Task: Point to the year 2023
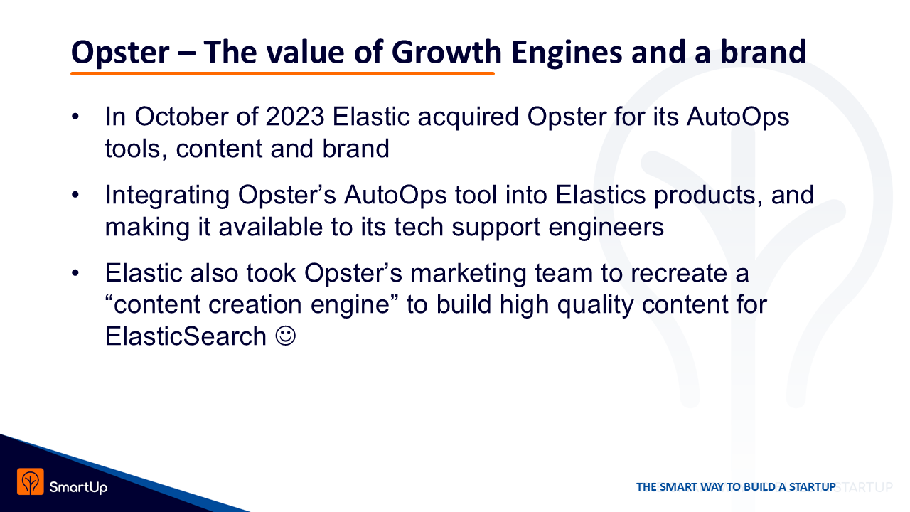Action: click(295, 117)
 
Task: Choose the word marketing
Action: click(469, 274)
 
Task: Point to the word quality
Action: click(595, 306)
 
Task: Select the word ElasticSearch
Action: click(186, 336)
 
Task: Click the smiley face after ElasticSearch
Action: click(286, 336)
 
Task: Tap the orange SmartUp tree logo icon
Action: click(31, 481)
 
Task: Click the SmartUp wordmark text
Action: click(78, 487)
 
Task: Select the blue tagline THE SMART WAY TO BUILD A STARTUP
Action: click(736, 487)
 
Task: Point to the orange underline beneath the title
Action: click(282, 73)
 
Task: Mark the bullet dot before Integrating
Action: click(75, 195)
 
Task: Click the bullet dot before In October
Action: click(75, 117)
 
